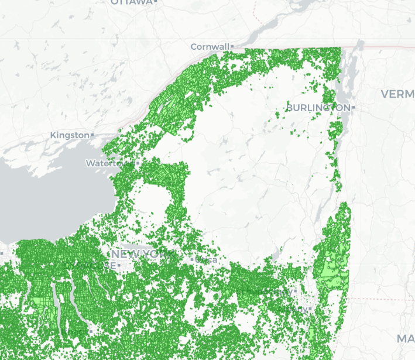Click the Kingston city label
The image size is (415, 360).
click(x=70, y=135)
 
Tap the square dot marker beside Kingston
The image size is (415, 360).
click(x=92, y=135)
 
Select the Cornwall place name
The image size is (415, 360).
click(x=210, y=46)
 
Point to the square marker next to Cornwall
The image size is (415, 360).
click(x=232, y=46)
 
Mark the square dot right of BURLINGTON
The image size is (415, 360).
click(x=353, y=108)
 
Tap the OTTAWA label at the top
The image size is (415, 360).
click(x=131, y=2)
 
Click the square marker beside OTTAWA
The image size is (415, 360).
click(x=156, y=2)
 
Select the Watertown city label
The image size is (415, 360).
click(x=108, y=163)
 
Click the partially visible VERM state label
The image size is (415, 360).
click(x=397, y=94)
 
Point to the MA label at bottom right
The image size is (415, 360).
click(x=406, y=339)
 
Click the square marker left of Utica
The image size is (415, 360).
click(x=192, y=259)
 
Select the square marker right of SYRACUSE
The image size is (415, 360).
click(x=119, y=265)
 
